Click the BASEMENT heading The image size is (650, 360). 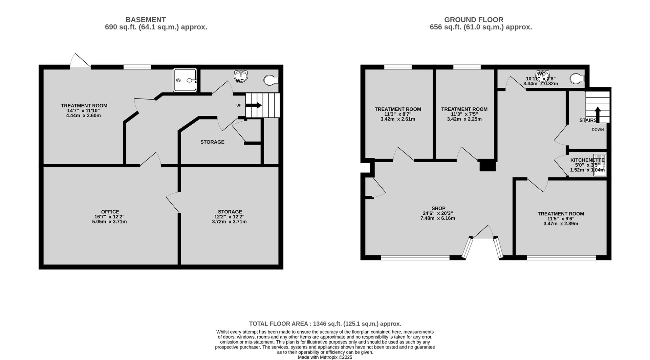coord(146,20)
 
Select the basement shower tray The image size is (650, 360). coord(185,80)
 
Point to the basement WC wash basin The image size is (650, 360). coord(241,74)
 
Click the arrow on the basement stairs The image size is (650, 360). coord(254,105)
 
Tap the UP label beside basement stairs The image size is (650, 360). coord(239,105)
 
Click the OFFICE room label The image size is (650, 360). coord(110,212)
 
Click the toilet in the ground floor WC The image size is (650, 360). coord(577,79)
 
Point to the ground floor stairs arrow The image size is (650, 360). coord(598,114)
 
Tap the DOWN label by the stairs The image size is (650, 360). coord(598,130)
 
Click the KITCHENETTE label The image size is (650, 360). coord(587,160)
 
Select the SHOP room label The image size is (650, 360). coord(438,208)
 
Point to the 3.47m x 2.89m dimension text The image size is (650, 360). coord(561,224)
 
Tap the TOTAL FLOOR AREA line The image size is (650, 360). coord(325,324)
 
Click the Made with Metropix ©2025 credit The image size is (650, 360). coord(325,357)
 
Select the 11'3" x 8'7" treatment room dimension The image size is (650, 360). coord(398,114)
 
